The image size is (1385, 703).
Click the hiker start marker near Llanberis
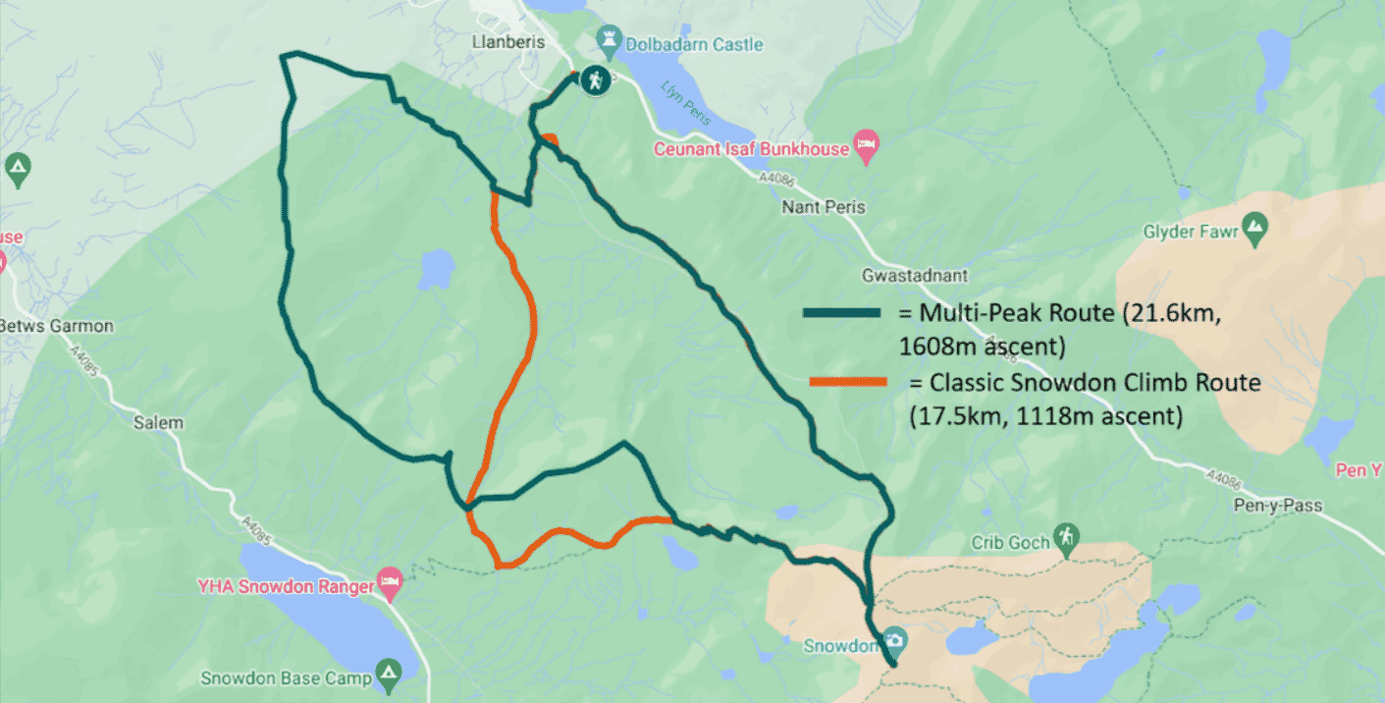coord(593,81)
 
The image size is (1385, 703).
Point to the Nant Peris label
coord(824,207)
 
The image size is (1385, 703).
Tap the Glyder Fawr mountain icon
coord(1253,231)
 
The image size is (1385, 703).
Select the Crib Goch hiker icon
coord(1066,537)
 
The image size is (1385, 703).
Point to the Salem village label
coord(158,423)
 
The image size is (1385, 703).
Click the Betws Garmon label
coord(57,326)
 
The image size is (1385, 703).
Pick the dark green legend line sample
coord(841,312)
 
